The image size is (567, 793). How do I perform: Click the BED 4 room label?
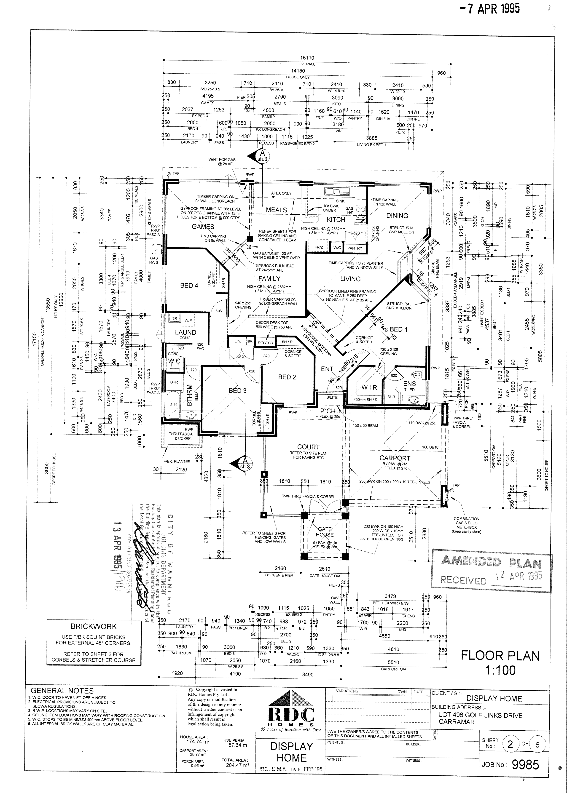pos(189,285)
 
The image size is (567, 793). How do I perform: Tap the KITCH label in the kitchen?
pos(336,219)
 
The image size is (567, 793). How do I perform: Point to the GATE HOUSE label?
pos(325,532)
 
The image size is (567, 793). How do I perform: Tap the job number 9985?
pos(525,765)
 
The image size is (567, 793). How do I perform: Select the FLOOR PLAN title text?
pos(500,656)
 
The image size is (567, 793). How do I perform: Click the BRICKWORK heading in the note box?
pos(94,627)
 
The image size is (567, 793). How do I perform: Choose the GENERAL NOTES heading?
pos(62,690)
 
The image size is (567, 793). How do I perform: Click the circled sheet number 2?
pos(510,745)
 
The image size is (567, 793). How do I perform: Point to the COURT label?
pos(308,447)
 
